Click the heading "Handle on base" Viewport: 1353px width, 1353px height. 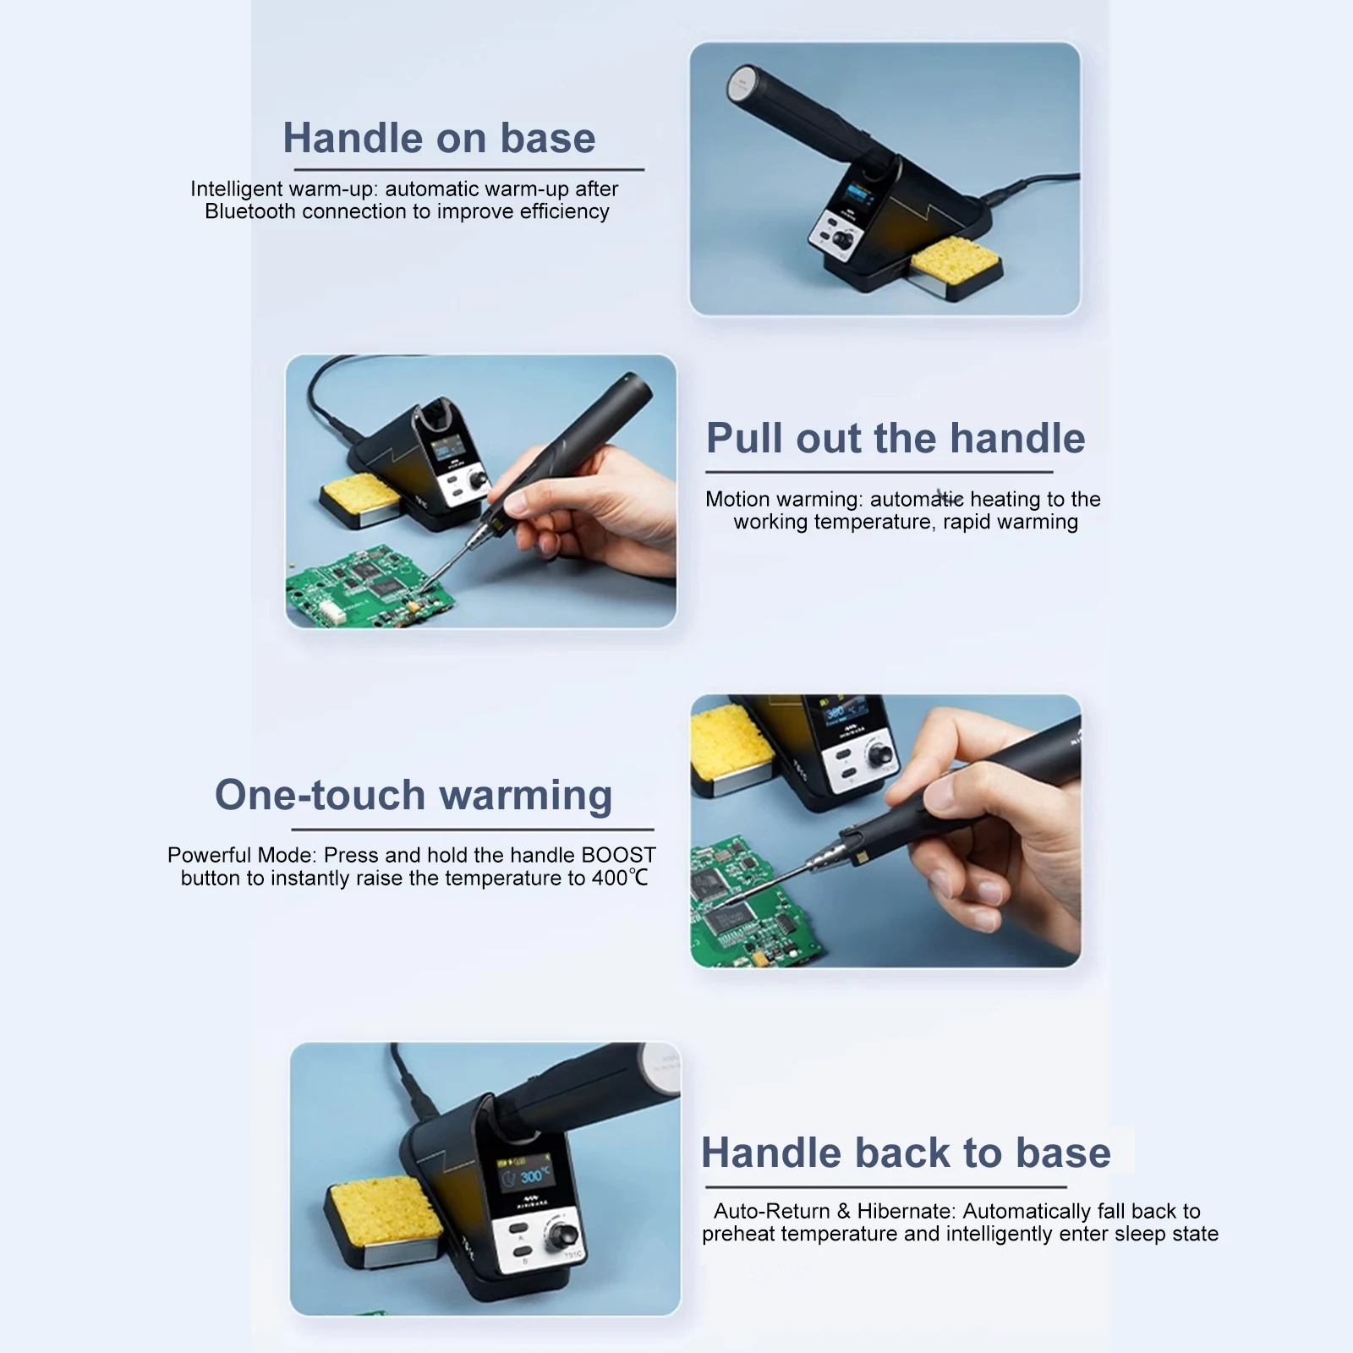click(439, 138)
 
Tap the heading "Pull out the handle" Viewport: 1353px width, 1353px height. click(896, 438)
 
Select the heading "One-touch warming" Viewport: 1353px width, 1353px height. click(414, 795)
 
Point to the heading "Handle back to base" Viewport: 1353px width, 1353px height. click(906, 1153)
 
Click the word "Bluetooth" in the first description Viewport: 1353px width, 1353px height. click(250, 211)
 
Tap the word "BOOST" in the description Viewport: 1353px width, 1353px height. click(618, 855)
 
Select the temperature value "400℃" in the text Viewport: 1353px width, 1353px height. click(620, 878)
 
